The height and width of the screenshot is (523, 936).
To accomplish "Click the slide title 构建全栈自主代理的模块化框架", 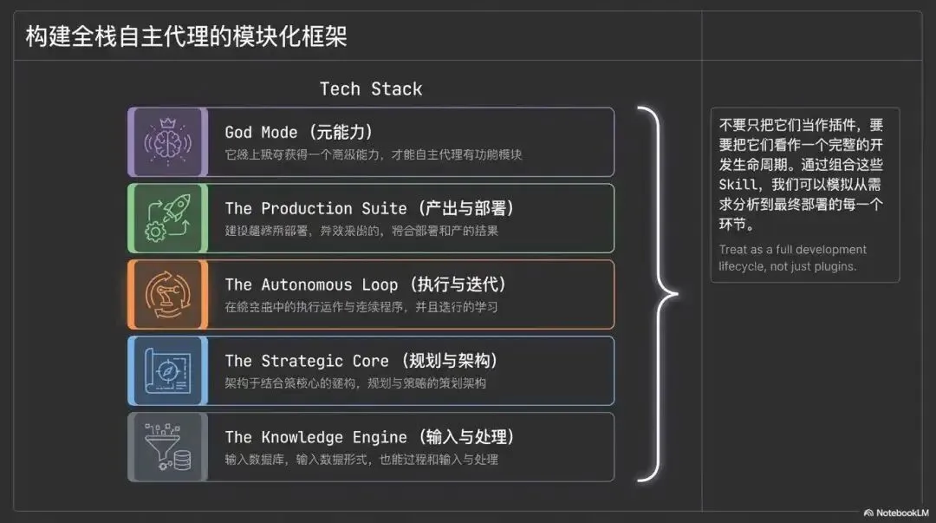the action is pyautogui.click(x=186, y=37).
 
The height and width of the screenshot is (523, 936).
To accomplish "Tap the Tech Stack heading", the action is pyautogui.click(x=371, y=88).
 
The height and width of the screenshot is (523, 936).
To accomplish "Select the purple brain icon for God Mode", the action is pyautogui.click(x=167, y=142).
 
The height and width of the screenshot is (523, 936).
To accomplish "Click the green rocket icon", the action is pyautogui.click(x=167, y=219).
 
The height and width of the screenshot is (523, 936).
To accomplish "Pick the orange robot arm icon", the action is pyautogui.click(x=167, y=295).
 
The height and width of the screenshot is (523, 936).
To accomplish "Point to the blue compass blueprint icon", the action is pyautogui.click(x=167, y=371).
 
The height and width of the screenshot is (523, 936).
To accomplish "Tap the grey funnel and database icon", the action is pyautogui.click(x=167, y=447).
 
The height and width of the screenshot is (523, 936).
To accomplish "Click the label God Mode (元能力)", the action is pyautogui.click(x=298, y=132).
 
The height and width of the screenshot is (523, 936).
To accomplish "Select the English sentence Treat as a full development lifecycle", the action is pyautogui.click(x=792, y=258).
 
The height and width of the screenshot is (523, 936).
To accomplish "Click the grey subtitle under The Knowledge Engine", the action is pyautogui.click(x=361, y=460).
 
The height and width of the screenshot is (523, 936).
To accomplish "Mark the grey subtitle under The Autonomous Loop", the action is pyautogui.click(x=361, y=307).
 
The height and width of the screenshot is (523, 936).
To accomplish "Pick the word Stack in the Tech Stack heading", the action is pyautogui.click(x=396, y=88).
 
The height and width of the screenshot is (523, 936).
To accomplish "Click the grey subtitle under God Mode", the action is pyautogui.click(x=374, y=154).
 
